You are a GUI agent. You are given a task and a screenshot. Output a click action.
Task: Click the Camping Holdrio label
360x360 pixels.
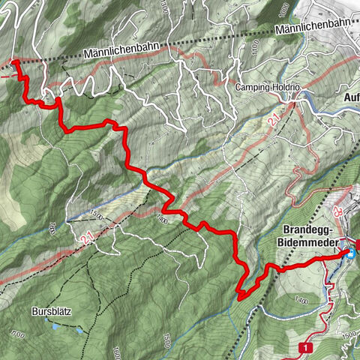268,88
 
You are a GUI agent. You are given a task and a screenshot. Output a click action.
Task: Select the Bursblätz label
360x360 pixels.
50,310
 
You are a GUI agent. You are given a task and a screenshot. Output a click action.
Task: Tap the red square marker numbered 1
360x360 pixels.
305,348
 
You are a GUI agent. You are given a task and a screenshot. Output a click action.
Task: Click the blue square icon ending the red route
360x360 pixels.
349,254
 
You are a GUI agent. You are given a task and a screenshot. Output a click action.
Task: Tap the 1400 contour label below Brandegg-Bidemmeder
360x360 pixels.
301,300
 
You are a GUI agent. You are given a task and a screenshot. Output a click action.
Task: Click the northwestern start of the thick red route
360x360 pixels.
16,62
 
